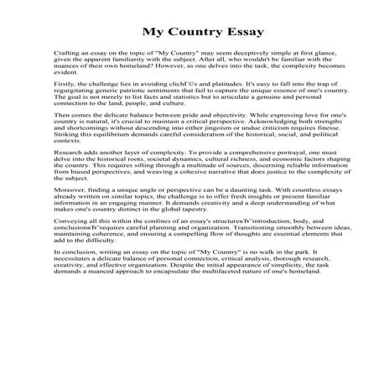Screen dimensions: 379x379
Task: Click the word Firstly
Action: [65, 97]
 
